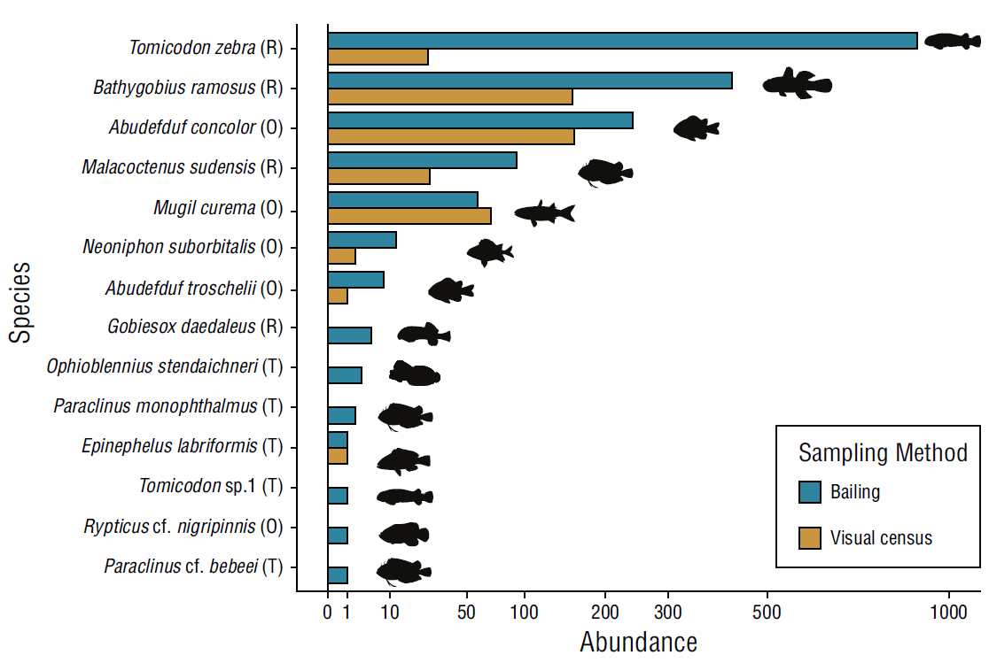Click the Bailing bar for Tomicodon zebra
pyautogui.click(x=622, y=41)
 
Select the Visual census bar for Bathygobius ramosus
pyautogui.click(x=450, y=96)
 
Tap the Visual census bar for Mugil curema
pyautogui.click(x=409, y=216)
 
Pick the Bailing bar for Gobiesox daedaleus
pyautogui.click(x=349, y=335)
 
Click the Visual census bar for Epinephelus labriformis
pyautogui.click(x=338, y=456)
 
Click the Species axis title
pyautogui.click(x=21, y=301)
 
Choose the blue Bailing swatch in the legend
pyautogui.click(x=809, y=492)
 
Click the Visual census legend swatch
pyautogui.click(x=809, y=537)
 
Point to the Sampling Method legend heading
pyautogui.click(x=883, y=453)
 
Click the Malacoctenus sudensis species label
pyautogui.click(x=182, y=167)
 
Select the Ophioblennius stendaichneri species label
pyautogui.click(x=165, y=366)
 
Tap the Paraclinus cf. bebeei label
pyautogui.click(x=193, y=567)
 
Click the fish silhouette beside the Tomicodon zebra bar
pyautogui.click(x=952, y=41)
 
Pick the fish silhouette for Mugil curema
pyautogui.click(x=544, y=212)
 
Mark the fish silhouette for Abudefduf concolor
pyautogui.click(x=696, y=128)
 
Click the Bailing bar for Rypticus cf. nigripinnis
pyautogui.click(x=338, y=536)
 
